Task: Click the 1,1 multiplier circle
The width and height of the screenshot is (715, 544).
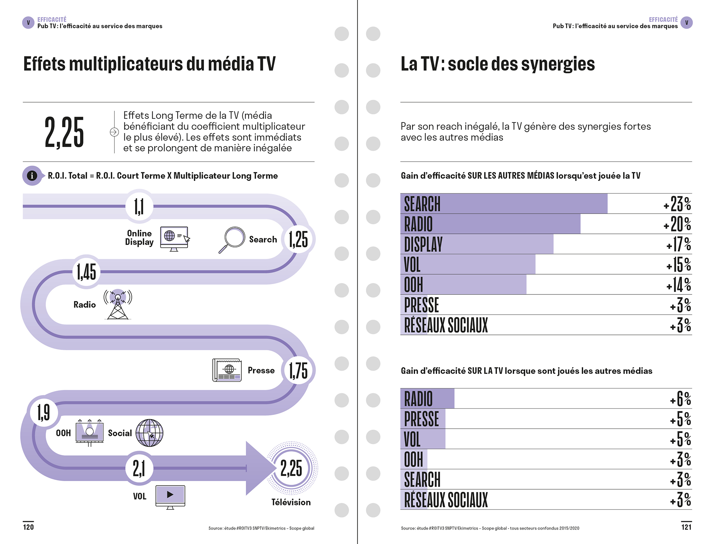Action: pyautogui.click(x=139, y=206)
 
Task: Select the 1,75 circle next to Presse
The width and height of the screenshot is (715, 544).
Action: pyautogui.click(x=298, y=370)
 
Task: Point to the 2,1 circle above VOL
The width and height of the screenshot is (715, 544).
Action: pyautogui.click(x=139, y=468)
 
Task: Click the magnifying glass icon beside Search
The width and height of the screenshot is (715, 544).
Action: pyautogui.click(x=232, y=239)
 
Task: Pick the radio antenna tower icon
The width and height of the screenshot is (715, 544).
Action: pyautogui.click(x=118, y=304)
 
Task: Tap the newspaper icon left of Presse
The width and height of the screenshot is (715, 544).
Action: pyautogui.click(x=227, y=370)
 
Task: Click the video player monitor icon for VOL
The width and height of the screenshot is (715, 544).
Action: pyautogui.click(x=170, y=497)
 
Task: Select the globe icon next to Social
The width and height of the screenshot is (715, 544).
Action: pyautogui.click(x=149, y=433)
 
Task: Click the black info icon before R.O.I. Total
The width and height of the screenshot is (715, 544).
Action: pyautogui.click(x=32, y=176)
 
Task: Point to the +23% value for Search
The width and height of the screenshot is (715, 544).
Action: pyautogui.click(x=677, y=204)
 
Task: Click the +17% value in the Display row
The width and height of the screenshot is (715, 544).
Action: pyautogui.click(x=678, y=244)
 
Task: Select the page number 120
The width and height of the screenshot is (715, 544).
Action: pyautogui.click(x=28, y=527)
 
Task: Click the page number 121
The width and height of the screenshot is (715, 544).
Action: pyautogui.click(x=686, y=527)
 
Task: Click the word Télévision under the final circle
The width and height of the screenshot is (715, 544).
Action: pyautogui.click(x=291, y=502)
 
